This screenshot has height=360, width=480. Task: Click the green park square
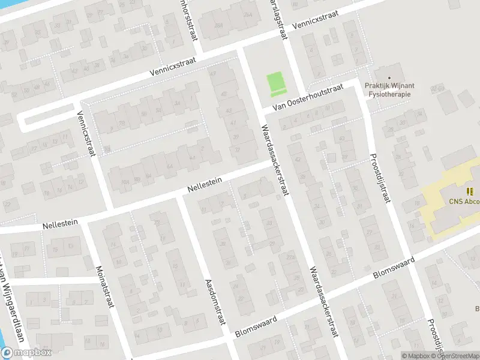[x=275, y=84]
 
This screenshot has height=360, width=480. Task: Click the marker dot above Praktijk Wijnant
[x=389, y=77]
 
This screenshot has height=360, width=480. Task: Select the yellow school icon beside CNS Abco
[x=469, y=191]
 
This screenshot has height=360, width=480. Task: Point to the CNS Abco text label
[x=464, y=202]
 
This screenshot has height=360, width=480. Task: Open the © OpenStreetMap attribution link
[x=456, y=356]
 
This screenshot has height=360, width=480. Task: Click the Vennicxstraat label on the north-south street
[x=88, y=135]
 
